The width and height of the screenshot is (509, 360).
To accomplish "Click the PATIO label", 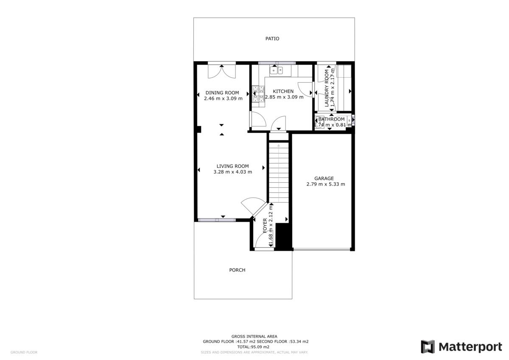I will pos(272,39).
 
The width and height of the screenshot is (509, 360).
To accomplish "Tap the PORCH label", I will pos(237,270).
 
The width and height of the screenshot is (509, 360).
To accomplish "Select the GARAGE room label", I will pos(324,179).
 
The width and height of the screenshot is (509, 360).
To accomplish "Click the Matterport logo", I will pos(461,346).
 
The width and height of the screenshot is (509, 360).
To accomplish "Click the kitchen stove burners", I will pos(257,94).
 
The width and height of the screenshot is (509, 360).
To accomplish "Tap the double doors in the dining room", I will pos(222,71).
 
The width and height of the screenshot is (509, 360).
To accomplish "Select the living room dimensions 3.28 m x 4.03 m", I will pos(232,172).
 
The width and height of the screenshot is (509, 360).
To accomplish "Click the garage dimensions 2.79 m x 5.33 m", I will pos(325,184).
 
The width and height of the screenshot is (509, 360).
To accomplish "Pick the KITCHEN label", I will pos(283,91).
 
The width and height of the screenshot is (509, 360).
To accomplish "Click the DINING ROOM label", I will pos(222,93).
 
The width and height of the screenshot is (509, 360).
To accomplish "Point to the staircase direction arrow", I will pos(279,145).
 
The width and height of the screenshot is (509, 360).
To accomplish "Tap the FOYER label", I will pos(265,226).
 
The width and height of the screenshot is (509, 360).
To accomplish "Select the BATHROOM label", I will pos(331,119).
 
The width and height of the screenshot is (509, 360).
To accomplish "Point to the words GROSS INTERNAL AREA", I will pos(255,336).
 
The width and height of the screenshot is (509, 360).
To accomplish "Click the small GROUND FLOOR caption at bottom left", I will pos(24,352).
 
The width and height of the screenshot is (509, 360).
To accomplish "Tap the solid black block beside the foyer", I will pos(283,237).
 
